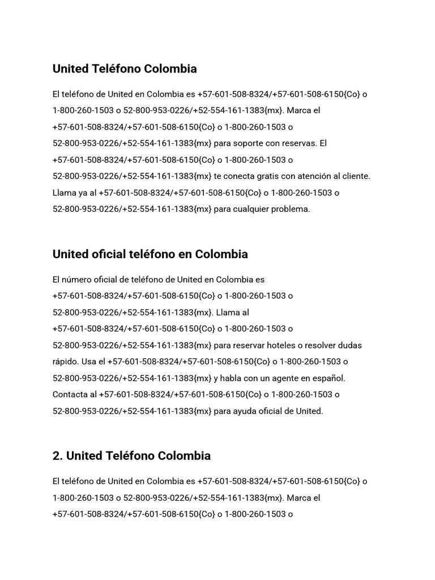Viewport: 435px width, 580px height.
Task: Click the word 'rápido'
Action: pos(66,361)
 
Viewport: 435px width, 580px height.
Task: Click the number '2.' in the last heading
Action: pos(58,456)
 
